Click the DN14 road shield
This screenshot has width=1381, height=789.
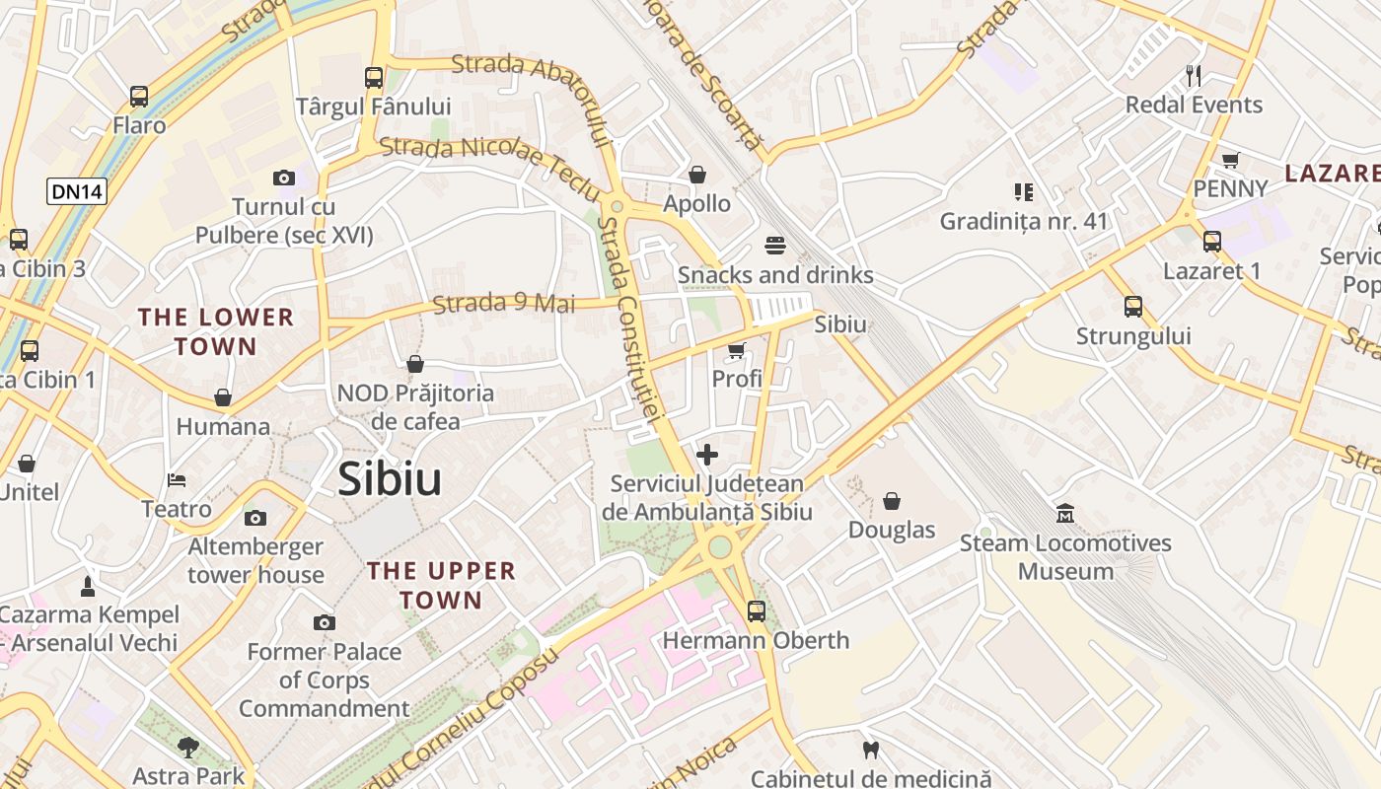pos(76,191)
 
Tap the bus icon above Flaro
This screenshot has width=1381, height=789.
pos(139,97)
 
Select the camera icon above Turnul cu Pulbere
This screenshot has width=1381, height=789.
pos(284,178)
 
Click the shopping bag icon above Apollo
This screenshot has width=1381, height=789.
pos(697,176)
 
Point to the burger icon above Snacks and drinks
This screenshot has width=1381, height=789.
pos(775,246)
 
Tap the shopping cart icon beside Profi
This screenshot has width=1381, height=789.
pos(736,351)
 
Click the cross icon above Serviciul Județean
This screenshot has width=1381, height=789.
pos(707,455)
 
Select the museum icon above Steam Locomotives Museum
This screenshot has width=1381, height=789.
pos(1065,514)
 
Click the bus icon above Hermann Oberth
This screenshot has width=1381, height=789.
pos(756,611)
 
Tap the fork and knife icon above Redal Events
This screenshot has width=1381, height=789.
pos(1194,76)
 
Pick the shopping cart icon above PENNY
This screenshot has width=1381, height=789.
pos(1230,160)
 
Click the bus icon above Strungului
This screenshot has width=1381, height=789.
pos(1133,307)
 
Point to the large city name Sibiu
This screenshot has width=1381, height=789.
pos(390,479)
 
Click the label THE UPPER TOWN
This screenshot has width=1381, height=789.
pos(441,585)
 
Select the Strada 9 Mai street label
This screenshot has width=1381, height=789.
pos(503,303)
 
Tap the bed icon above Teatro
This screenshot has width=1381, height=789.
pos(177,480)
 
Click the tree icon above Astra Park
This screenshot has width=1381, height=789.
pos(188,747)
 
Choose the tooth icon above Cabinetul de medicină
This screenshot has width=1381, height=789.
pos(870,751)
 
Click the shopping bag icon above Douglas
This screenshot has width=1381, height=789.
pos(892,501)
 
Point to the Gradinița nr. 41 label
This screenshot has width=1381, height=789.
pos(1024,221)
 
